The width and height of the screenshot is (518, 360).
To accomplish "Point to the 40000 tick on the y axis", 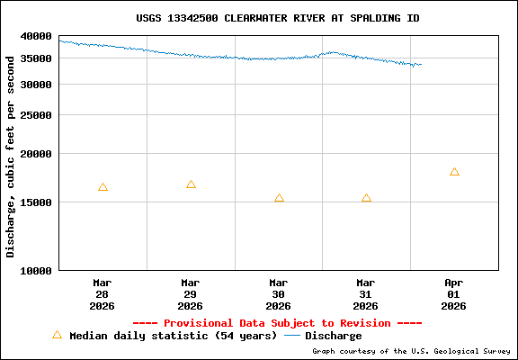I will pos(36,36).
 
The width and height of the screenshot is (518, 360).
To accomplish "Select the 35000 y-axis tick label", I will pos(36,58).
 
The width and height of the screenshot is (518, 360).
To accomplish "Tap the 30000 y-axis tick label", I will pos(36,85).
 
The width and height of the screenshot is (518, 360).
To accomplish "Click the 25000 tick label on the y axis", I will pos(36,115).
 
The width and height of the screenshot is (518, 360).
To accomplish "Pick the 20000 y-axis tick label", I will pos(36,154).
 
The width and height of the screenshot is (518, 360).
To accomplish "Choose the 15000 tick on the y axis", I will pos(36,202).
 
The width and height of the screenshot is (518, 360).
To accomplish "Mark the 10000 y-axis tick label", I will pos(36,270).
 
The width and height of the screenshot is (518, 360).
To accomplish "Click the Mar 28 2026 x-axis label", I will pos(103,293).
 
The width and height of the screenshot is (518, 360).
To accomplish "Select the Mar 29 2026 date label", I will pos(191,293).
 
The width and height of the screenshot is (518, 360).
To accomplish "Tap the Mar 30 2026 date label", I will pos(279,293).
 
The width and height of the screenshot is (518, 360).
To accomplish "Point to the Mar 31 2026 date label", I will pos(366,293).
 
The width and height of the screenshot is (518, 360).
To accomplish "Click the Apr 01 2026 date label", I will pos(454,293).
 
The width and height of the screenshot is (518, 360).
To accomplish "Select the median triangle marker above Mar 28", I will pos(103,187).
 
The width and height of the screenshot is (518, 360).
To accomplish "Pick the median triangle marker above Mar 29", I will pos(191,184).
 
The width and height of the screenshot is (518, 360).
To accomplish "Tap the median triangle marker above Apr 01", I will pos(454,172).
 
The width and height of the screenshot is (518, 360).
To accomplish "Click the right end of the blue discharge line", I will pos(420,64).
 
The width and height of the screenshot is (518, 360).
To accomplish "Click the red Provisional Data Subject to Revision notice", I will pos(277,323).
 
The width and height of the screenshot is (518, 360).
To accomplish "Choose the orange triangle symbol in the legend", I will pos(58,335).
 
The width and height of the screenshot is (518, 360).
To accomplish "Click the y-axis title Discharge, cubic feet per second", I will pos(11,155).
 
